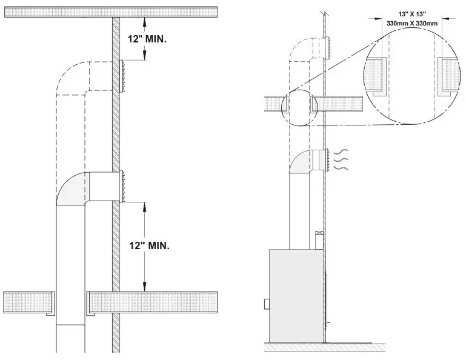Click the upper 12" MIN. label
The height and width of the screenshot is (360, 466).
(148, 38)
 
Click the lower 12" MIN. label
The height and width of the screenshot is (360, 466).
(150, 245)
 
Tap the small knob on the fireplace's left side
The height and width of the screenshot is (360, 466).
(265, 302)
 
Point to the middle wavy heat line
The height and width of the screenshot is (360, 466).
(342, 162)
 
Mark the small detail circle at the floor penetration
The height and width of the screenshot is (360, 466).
(298, 107)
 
